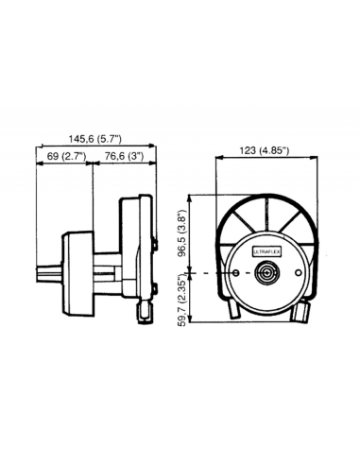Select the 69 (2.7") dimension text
[64, 154]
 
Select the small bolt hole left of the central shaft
[233, 274]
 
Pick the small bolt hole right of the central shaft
[300, 274]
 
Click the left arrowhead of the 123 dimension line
[219, 160]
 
